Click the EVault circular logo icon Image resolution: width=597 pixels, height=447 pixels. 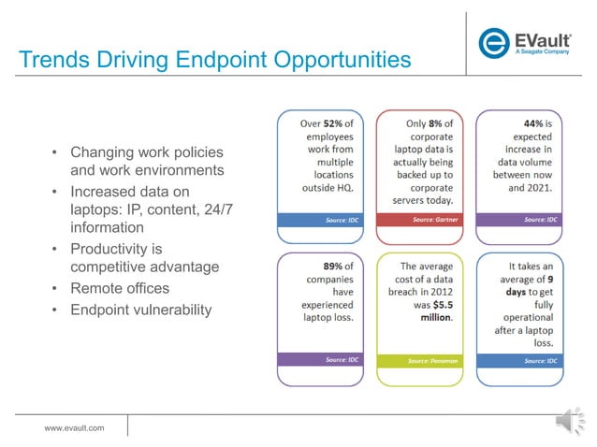pos(494,43)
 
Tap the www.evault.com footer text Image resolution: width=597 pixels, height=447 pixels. pos(75,427)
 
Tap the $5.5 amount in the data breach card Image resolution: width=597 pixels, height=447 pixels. pos(435,305)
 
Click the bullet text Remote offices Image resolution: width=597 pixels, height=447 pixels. pos(120,289)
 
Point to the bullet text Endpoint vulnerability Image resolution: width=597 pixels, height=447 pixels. pos(141,310)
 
